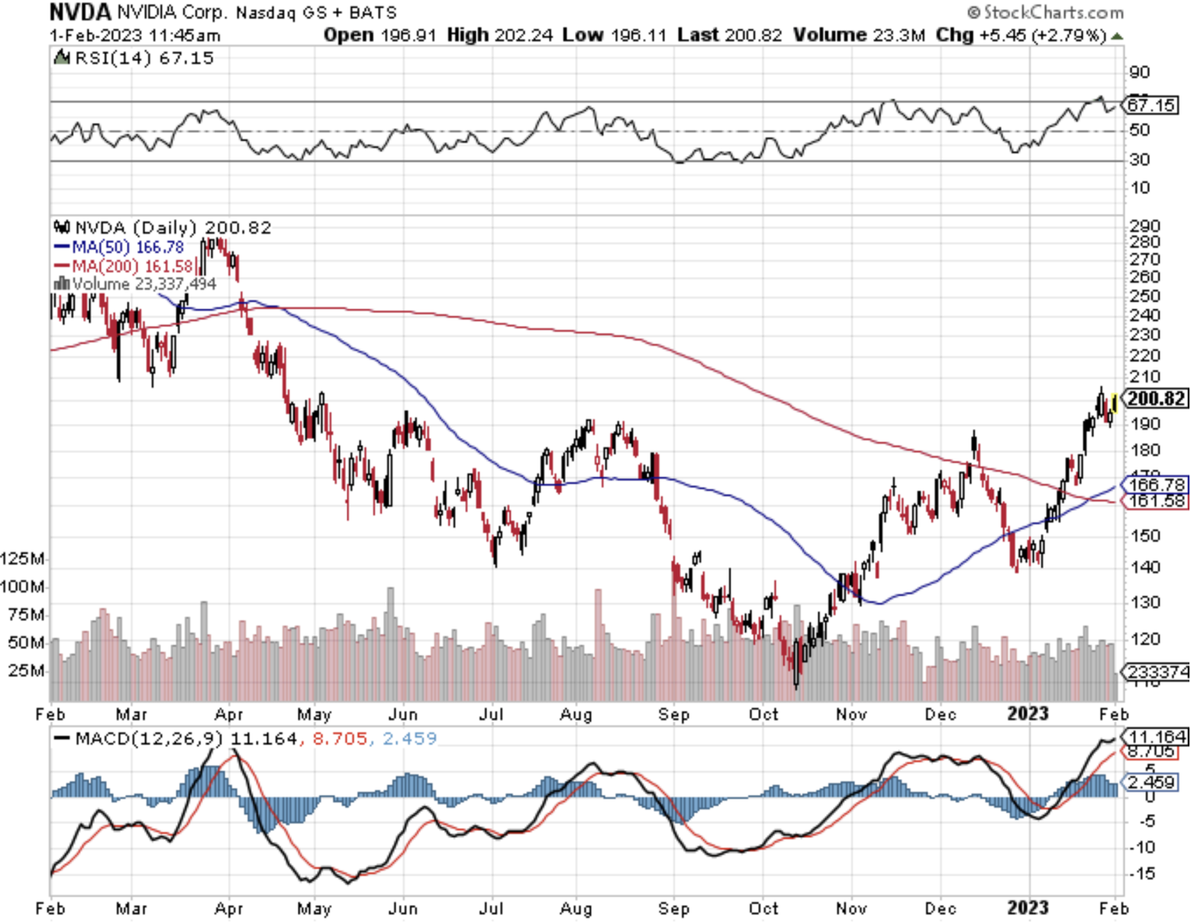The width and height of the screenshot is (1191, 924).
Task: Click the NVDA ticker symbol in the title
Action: tap(80, 12)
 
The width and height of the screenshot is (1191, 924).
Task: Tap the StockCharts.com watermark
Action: tap(1045, 12)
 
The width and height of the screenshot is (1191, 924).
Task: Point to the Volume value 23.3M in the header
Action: tap(898, 35)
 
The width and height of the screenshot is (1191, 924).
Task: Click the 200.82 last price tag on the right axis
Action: tap(1156, 399)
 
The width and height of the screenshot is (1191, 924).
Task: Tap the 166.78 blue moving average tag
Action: tap(1156, 484)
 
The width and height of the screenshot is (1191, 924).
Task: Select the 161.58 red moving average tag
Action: tap(1156, 501)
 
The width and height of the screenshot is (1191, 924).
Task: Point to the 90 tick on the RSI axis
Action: tap(1139, 73)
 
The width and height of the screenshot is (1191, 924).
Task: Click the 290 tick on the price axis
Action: tap(1144, 226)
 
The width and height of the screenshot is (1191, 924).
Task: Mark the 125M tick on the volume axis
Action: tap(23, 559)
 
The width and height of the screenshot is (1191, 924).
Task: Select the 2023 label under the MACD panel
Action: tap(1028, 908)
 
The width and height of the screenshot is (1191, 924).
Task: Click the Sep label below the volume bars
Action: tap(673, 715)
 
